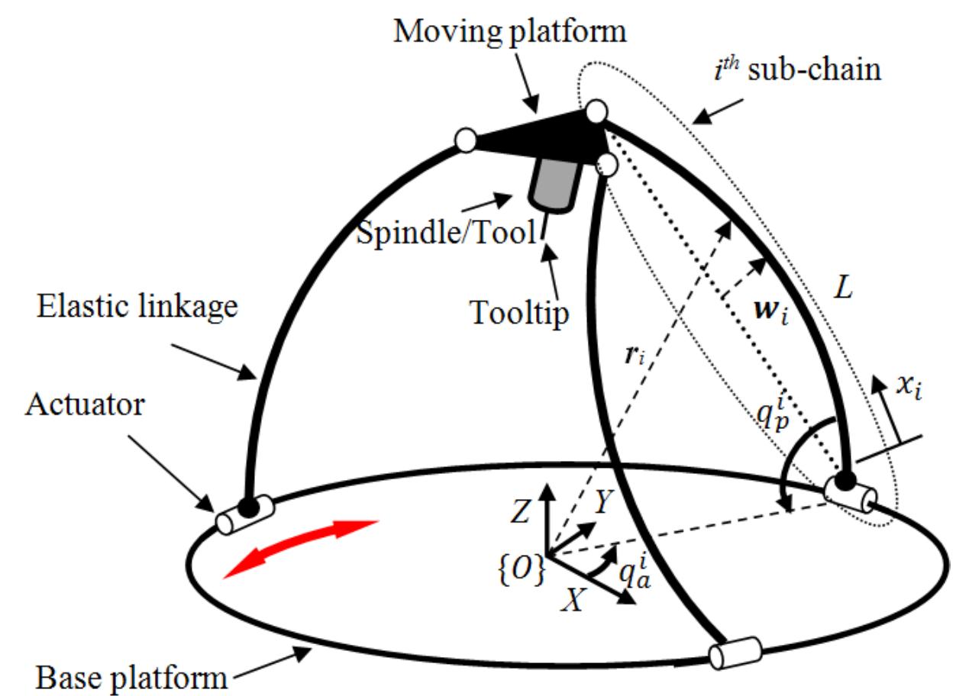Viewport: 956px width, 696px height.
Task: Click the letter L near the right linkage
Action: [x=844, y=288]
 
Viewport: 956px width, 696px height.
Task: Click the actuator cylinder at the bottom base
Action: [x=735, y=653]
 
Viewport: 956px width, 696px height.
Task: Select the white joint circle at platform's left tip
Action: [x=465, y=140]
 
